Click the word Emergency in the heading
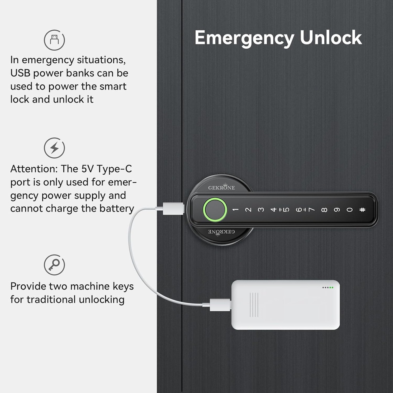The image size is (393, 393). (x=244, y=38)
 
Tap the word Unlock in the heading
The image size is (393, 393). (x=331, y=38)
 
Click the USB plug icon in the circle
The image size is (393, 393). (x=54, y=40)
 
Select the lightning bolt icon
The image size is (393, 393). (x=54, y=148)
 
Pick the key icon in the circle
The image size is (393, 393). (x=54, y=264)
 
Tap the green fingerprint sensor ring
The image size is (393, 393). (x=214, y=210)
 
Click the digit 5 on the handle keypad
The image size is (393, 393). (x=286, y=210)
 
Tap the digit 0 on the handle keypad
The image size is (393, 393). (x=349, y=210)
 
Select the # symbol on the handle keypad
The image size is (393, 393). (x=362, y=210)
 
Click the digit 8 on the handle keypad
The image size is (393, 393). (x=324, y=210)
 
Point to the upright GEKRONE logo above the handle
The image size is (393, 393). (x=221, y=187)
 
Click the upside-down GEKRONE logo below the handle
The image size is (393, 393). (x=221, y=232)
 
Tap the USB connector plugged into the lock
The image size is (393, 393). (x=173, y=209)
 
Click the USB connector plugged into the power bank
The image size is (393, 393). (x=220, y=305)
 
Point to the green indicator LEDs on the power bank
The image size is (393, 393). (x=330, y=287)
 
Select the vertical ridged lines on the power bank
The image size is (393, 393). (x=254, y=305)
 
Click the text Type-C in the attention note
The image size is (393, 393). (x=114, y=169)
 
